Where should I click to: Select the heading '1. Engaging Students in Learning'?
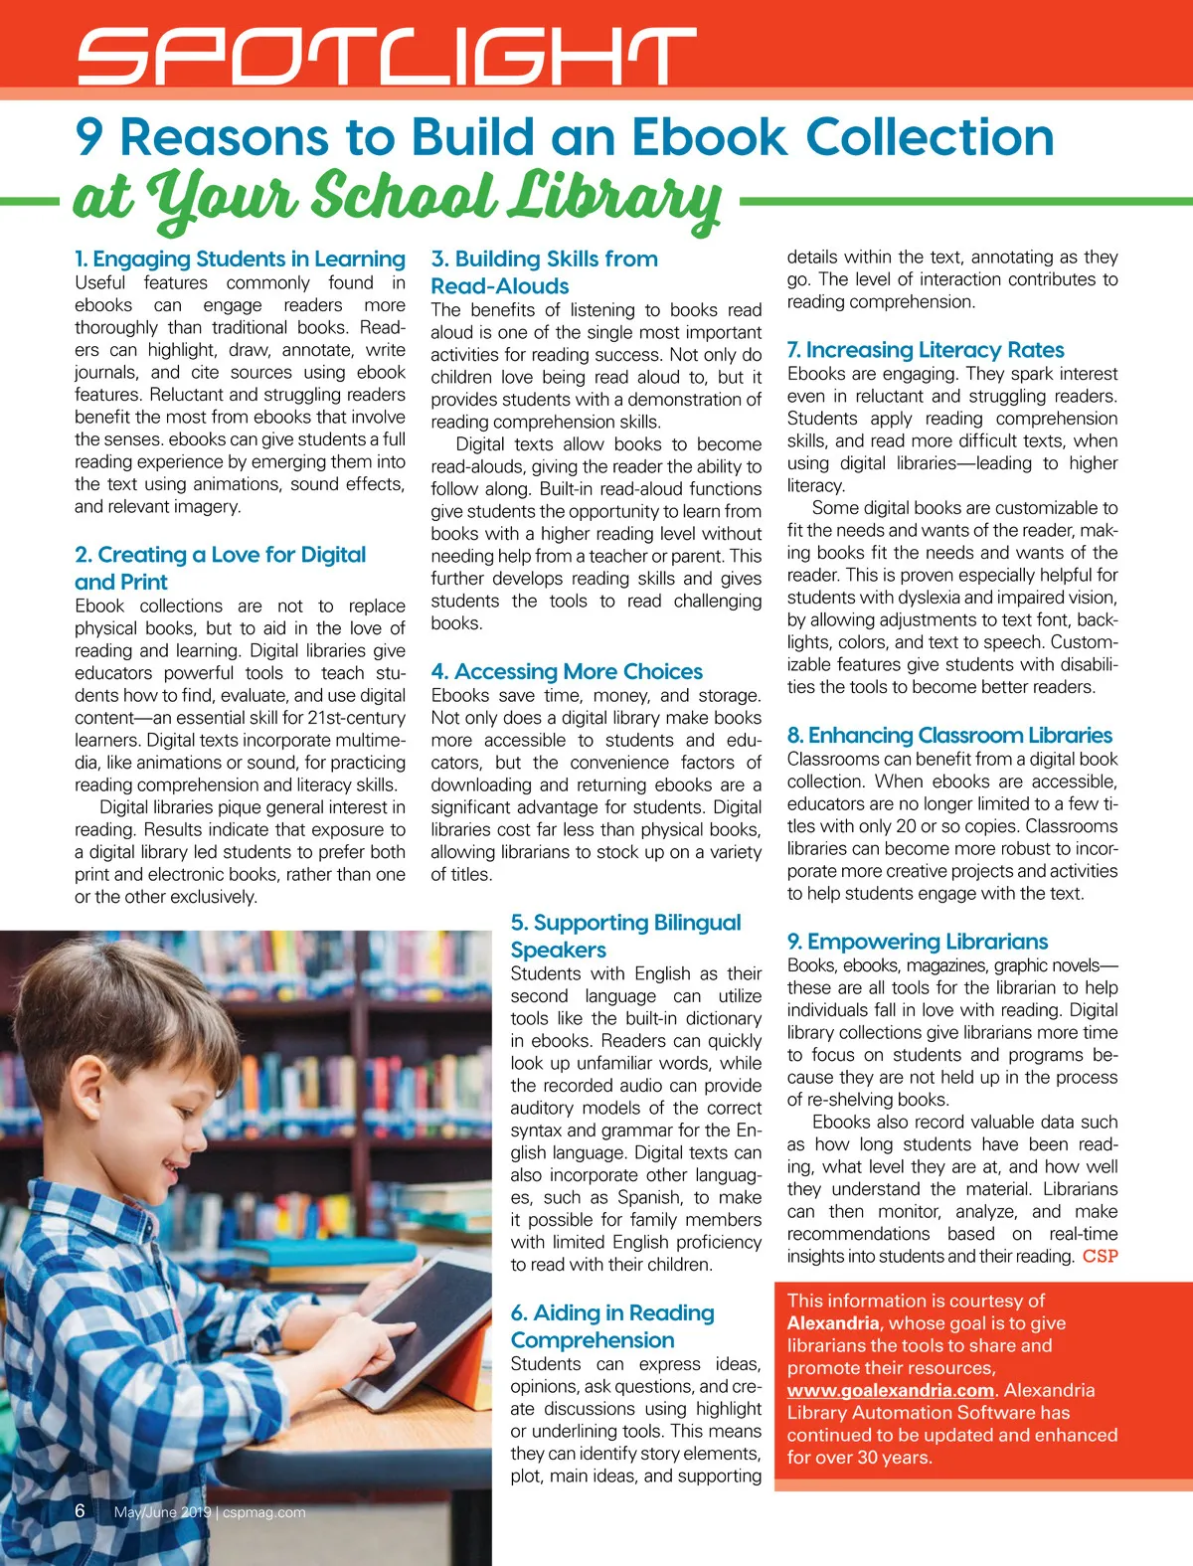click(x=240, y=260)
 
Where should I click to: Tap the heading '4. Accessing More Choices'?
click(x=567, y=672)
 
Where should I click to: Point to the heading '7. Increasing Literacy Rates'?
click(x=926, y=350)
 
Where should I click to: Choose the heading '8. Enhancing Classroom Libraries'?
click(x=949, y=736)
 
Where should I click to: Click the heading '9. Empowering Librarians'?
click(x=918, y=942)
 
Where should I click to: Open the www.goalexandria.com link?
click(x=891, y=1390)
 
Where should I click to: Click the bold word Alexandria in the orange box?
click(x=833, y=1323)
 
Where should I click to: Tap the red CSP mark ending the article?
click(x=1101, y=1257)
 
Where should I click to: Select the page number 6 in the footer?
click(x=81, y=1510)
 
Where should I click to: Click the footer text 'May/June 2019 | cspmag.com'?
click(x=210, y=1512)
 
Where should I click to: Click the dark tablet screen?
click(x=437, y=1303)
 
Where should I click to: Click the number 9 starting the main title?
click(x=89, y=137)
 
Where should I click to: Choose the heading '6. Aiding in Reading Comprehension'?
click(x=612, y=1326)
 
